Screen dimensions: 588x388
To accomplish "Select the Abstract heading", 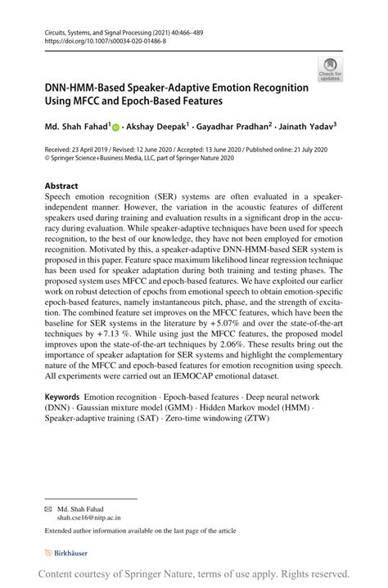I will [61, 186].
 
